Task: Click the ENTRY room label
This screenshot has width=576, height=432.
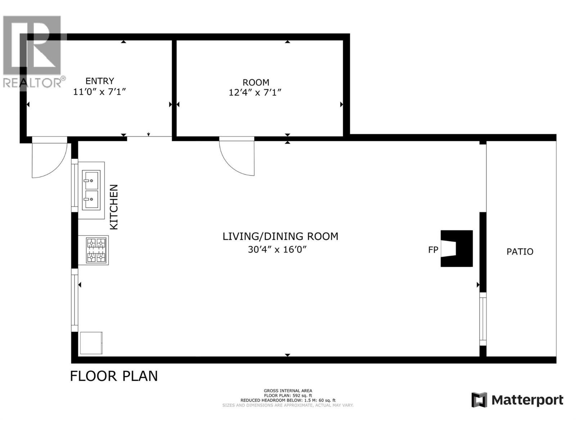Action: pos(100,81)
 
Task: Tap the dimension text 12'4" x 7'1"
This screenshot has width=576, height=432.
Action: pos(255,93)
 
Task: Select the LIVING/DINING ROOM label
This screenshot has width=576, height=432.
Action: pos(280,237)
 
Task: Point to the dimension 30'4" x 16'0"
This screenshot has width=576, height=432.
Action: pos(277,249)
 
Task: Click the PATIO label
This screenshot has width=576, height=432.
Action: pos(519,252)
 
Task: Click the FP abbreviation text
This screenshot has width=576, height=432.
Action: pos(433,249)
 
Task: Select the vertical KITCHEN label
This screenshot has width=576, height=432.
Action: pos(114,207)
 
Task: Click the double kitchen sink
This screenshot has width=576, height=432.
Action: pos(91,190)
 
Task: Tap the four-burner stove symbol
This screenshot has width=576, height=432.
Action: pos(96,250)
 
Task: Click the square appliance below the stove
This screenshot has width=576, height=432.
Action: pos(91,343)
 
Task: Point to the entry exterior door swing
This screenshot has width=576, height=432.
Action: pos(49,158)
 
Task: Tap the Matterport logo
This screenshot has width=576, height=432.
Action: pos(517,400)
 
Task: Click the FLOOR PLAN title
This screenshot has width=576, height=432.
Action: pos(114,376)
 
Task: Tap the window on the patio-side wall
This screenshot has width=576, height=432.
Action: pos(483,319)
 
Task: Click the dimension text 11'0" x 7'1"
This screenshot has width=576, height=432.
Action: pos(99,92)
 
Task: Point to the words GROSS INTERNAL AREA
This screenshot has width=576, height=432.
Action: pos(288,391)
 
